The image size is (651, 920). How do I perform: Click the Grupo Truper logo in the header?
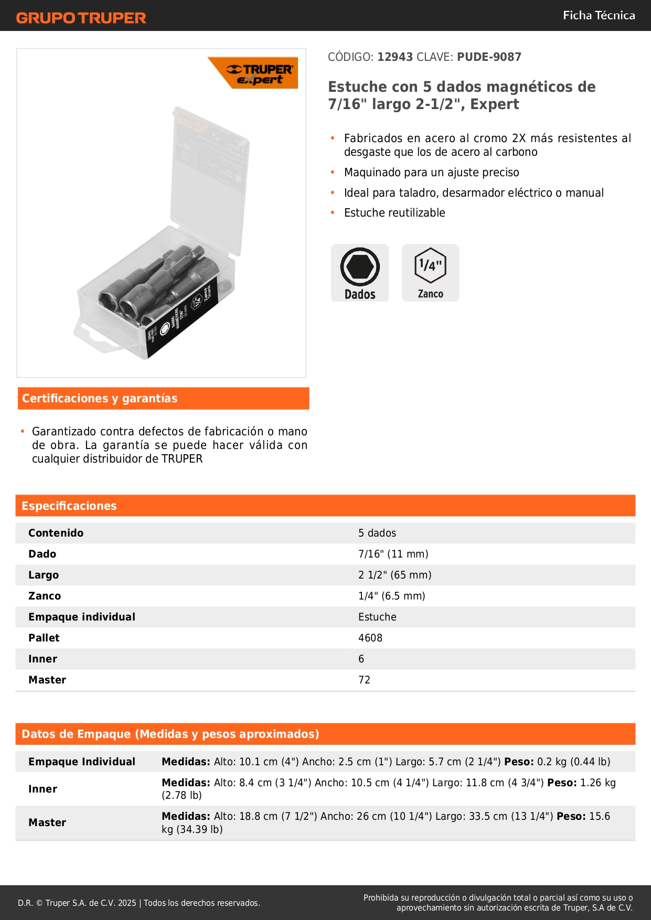(x=81, y=18)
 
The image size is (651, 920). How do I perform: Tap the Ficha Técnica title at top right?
(x=599, y=15)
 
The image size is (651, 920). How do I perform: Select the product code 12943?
(x=395, y=57)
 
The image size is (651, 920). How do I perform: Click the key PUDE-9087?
(x=489, y=57)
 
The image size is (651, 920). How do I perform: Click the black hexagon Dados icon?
(x=360, y=267)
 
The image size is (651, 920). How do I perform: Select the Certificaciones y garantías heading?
(x=100, y=399)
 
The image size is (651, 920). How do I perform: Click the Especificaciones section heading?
(x=69, y=506)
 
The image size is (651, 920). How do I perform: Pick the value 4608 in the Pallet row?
(x=370, y=638)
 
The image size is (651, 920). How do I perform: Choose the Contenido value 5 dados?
(x=377, y=533)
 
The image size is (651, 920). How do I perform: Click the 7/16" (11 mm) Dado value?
(x=393, y=554)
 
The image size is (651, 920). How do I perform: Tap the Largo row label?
(x=44, y=575)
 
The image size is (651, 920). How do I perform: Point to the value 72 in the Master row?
(x=364, y=680)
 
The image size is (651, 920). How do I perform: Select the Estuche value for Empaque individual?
(x=377, y=617)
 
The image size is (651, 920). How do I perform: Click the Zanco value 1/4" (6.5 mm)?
(x=392, y=596)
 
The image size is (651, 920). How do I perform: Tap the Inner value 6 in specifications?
(x=361, y=659)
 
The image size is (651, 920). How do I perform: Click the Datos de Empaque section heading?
(x=170, y=734)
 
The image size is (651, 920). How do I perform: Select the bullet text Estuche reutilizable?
(x=394, y=213)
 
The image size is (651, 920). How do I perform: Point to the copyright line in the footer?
(x=139, y=903)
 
